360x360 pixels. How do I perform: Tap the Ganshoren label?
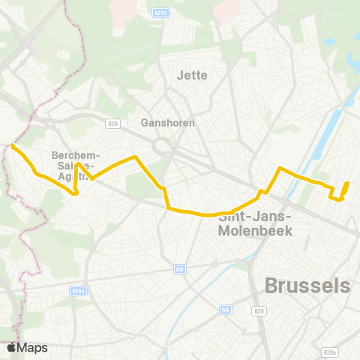168,122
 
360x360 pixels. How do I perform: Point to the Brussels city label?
307,286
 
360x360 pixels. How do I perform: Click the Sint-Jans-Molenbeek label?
254,224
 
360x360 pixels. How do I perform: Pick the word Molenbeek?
254,231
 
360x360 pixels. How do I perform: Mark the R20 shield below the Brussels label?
259,310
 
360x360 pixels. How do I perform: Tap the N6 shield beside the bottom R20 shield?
226,309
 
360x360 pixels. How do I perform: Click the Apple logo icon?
11,348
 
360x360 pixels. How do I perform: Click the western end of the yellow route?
13,145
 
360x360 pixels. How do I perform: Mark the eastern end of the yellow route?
346,183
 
